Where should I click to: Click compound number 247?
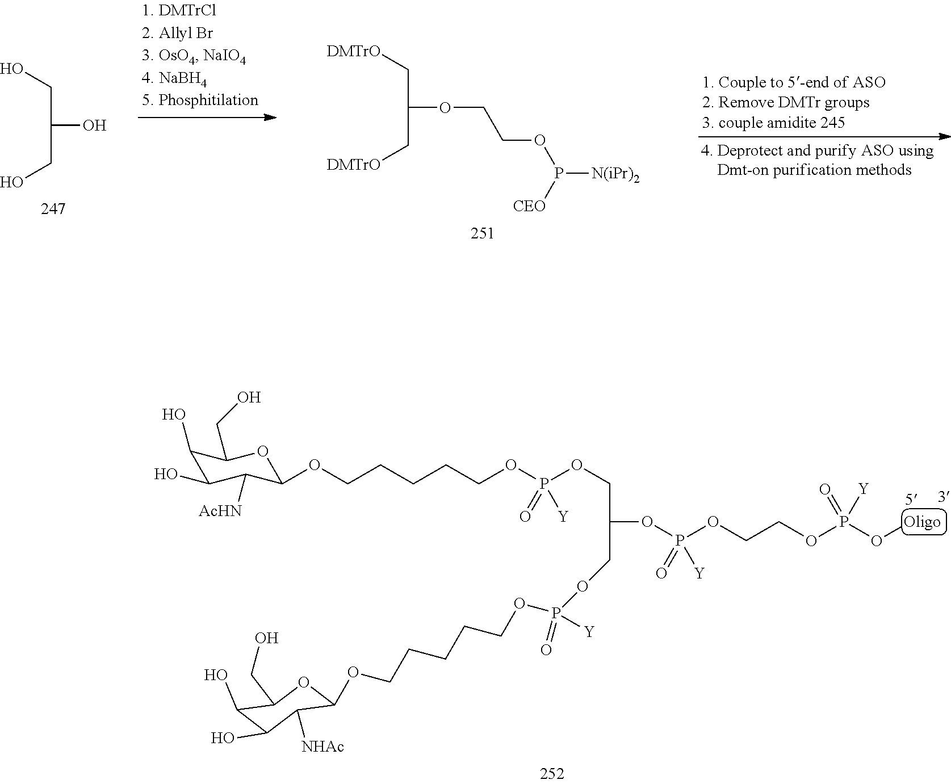(53, 209)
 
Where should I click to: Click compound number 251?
(482, 233)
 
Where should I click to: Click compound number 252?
(552, 773)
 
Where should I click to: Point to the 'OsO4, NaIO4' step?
(202, 56)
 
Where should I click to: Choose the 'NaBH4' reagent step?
(182, 78)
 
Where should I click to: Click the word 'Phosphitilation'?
(208, 100)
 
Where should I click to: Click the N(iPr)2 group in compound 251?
(615, 175)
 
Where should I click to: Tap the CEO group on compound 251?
(529, 206)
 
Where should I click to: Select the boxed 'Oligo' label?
(922, 522)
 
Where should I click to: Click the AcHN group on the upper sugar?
(220, 511)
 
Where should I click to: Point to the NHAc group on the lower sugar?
(322, 746)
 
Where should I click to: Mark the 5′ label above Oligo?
(911, 500)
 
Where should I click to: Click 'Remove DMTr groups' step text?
(794, 102)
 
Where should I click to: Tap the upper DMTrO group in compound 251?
(354, 52)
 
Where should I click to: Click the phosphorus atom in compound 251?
(558, 174)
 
